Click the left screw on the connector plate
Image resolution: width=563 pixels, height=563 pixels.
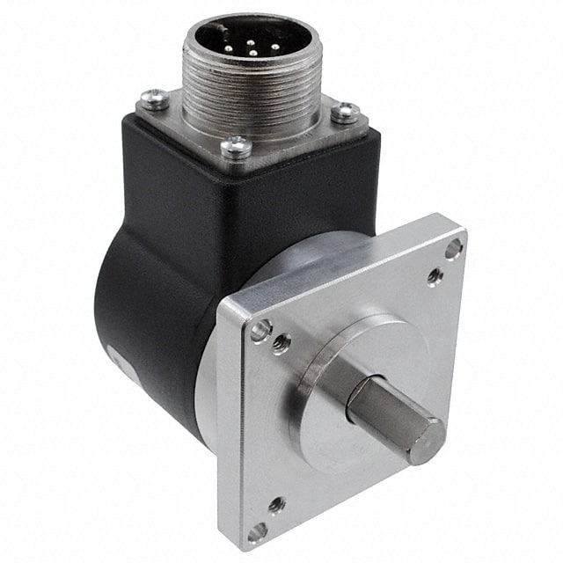click(155, 99)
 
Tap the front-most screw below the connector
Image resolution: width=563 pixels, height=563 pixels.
click(236, 147)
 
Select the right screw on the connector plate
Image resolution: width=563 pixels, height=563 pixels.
click(345, 112)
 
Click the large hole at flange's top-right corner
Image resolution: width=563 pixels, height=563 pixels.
click(453, 250)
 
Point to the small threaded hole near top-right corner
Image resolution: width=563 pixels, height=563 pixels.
click(435, 276)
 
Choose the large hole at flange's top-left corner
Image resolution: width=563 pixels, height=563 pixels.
click(260, 330)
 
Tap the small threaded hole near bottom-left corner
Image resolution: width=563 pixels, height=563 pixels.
click(276, 505)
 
